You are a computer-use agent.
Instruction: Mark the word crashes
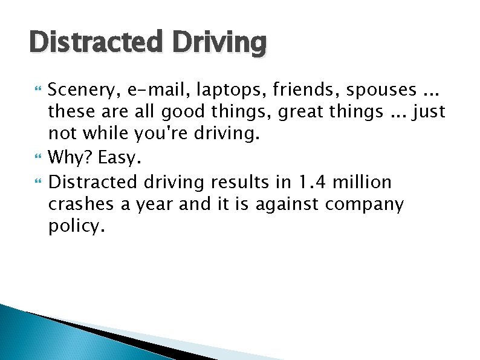(x=82, y=204)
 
